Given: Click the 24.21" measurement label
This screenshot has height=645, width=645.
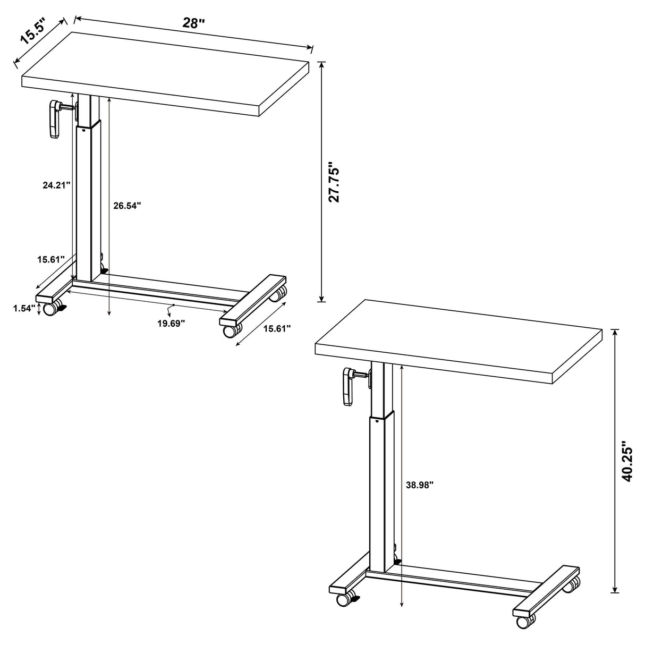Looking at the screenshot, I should point(56,185).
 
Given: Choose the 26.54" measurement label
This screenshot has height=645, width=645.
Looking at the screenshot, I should point(127,206).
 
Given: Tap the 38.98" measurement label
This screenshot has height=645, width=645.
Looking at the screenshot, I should point(419,485).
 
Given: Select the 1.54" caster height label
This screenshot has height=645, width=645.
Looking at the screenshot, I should point(24,308).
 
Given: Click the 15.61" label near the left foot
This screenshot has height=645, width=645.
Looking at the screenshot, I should point(51,259).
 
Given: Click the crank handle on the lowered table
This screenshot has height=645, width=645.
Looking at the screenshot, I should point(54,120).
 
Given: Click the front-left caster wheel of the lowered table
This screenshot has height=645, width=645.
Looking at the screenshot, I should point(51,309).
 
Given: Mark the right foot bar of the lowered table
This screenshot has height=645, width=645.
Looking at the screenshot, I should point(253,300).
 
